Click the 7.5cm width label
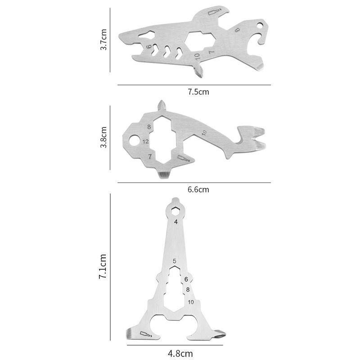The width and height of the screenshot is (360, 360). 198,92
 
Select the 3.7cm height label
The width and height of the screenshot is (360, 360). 104,40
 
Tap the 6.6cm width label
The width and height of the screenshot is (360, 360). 198,189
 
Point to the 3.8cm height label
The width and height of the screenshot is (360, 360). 104,139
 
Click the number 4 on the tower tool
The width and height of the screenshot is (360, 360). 175,222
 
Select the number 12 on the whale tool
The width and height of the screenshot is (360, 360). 145,141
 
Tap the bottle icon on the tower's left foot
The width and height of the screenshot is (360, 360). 144,334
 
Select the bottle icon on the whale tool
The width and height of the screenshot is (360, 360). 183,158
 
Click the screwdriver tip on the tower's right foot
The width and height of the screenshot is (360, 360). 220,334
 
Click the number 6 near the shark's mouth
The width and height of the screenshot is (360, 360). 148,46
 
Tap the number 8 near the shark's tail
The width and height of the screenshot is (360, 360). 237,30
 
